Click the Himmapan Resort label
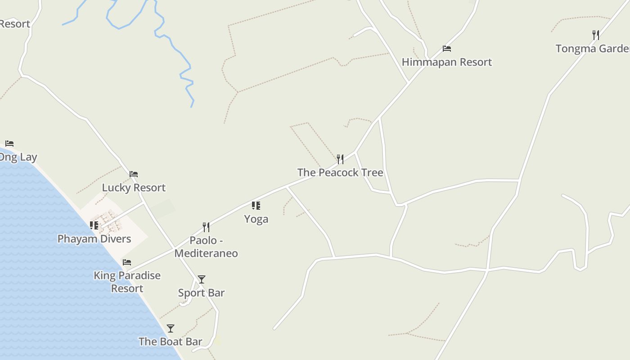click(x=446, y=62)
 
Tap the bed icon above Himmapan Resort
click(x=447, y=49)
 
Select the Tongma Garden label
click(x=592, y=49)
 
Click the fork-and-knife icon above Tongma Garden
click(x=596, y=35)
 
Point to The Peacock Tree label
click(x=340, y=172)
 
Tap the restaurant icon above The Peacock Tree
click(x=340, y=159)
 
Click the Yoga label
click(x=256, y=219)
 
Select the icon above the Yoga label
click(x=256, y=206)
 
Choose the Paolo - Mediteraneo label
click(x=206, y=247)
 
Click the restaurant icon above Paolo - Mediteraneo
click(x=206, y=227)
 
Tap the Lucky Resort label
click(x=134, y=188)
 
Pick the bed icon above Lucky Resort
click(x=134, y=174)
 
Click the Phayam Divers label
click(x=94, y=239)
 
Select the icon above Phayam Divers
click(x=94, y=225)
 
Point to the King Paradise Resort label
click(x=127, y=282)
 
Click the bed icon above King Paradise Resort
click(x=127, y=262)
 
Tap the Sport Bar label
click(x=201, y=293)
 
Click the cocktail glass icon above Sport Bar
click(x=202, y=279)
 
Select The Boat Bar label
click(x=171, y=342)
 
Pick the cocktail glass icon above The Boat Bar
click(x=171, y=328)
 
